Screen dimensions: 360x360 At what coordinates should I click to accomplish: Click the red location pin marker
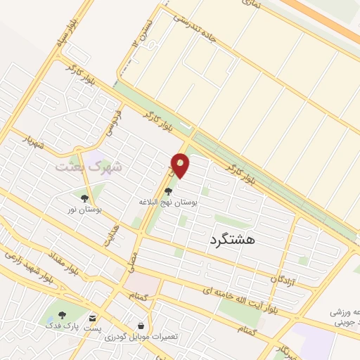point(181,165)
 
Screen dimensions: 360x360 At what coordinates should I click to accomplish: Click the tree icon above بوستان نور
point(85,198)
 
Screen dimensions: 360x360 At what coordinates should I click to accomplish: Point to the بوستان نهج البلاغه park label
point(167,202)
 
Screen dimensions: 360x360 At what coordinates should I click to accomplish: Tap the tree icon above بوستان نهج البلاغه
point(167,190)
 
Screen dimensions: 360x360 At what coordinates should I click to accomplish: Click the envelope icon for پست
point(93,318)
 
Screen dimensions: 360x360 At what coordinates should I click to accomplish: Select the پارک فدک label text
point(60,326)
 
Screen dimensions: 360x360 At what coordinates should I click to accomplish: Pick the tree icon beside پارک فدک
point(62,315)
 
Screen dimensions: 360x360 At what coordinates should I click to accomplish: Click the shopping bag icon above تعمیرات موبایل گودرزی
point(141,326)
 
